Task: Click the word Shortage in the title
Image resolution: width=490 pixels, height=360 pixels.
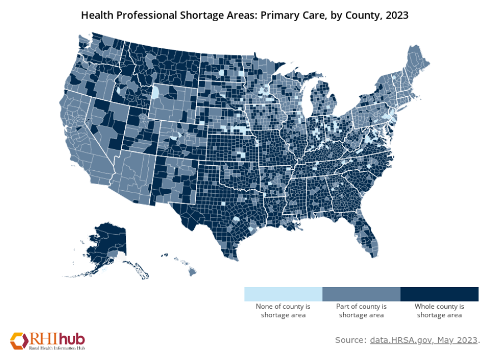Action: (x=205, y=16)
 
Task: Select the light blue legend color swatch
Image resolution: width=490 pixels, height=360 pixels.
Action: (x=283, y=294)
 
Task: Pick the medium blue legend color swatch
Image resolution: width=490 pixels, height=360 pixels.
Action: (x=361, y=294)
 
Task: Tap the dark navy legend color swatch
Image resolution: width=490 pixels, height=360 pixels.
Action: (x=439, y=294)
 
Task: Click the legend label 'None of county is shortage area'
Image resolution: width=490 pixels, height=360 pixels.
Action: (x=283, y=310)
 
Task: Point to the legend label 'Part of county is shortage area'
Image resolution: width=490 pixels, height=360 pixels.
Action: (x=361, y=310)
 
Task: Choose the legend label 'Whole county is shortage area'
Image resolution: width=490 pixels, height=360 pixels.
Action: (x=439, y=310)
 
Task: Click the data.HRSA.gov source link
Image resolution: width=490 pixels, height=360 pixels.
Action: (x=423, y=339)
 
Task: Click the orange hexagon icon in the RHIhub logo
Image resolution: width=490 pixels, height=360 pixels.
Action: (x=18, y=340)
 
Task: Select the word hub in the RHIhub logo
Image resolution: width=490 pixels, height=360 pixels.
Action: (x=72, y=338)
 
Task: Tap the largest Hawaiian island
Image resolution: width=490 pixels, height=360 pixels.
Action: (x=192, y=271)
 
